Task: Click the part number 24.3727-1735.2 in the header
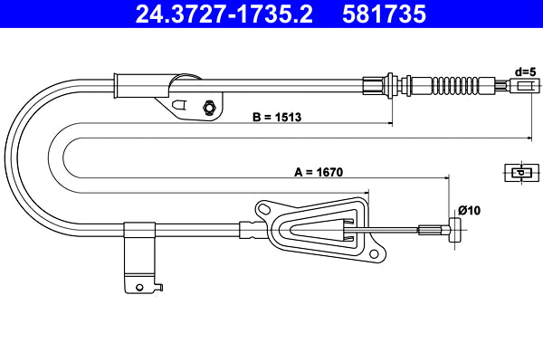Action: pyautogui.click(x=215, y=14)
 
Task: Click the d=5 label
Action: pyautogui.click(x=526, y=70)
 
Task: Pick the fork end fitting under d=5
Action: pyautogui.click(x=523, y=86)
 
